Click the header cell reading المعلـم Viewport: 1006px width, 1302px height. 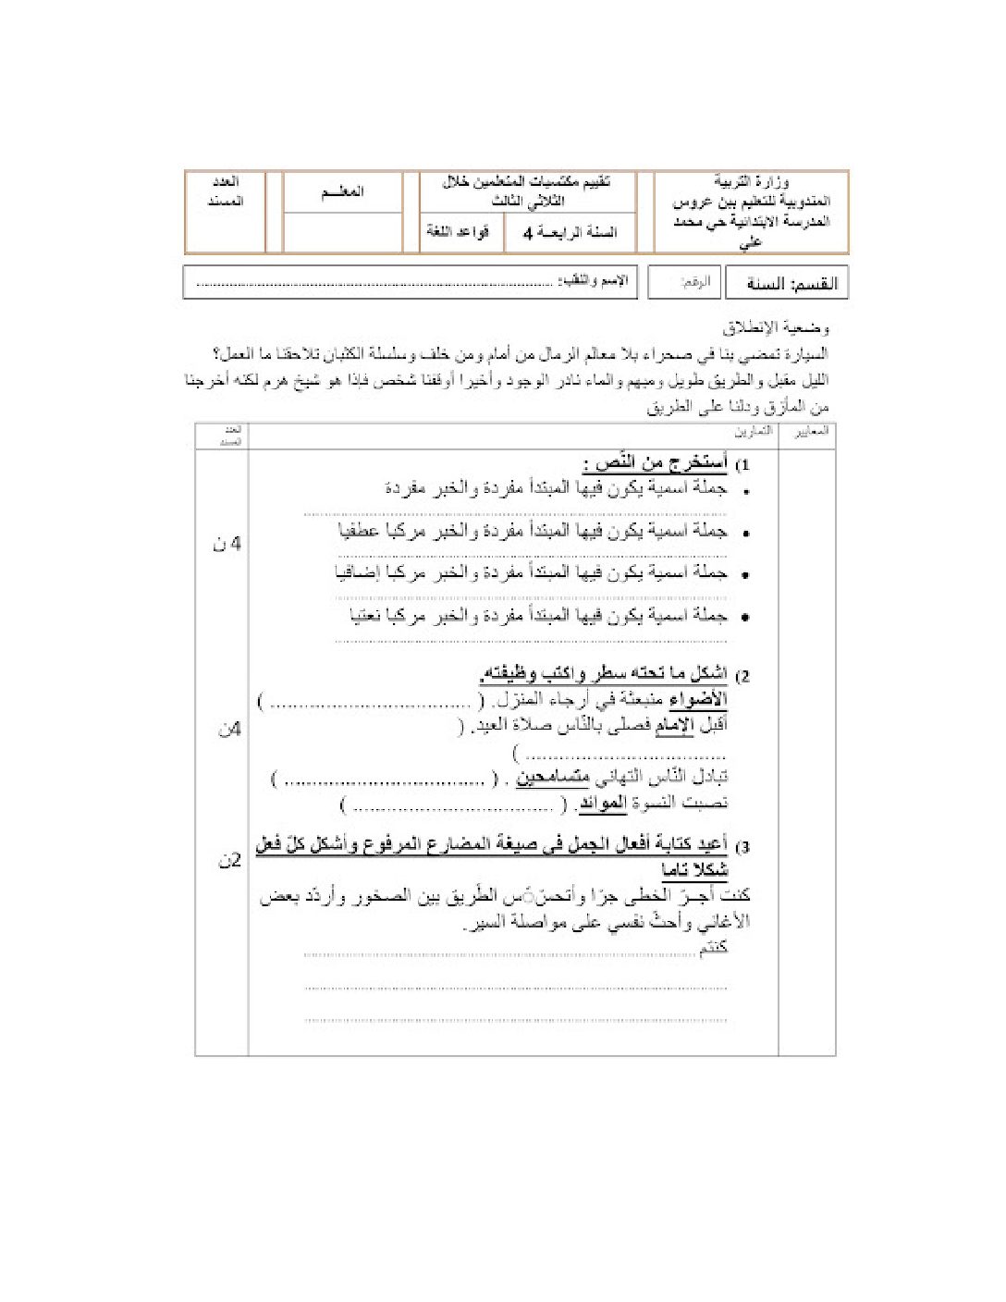tap(342, 192)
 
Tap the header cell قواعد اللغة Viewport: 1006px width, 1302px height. tap(457, 232)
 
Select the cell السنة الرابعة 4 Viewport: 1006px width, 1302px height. tap(570, 233)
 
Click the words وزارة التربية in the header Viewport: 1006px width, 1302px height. tap(751, 182)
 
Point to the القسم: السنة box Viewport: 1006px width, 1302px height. tap(787, 284)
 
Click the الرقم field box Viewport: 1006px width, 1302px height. tap(684, 283)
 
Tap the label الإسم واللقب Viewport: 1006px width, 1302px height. tap(592, 281)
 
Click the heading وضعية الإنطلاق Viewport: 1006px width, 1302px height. tap(776, 328)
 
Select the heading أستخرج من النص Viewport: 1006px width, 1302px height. tap(655, 462)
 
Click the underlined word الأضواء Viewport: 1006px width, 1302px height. tap(698, 700)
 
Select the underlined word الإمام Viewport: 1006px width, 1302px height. tap(674, 726)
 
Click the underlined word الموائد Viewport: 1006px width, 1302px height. tap(602, 804)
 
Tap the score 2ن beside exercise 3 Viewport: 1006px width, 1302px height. tap(229, 861)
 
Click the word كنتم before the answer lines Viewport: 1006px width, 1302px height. tap(713, 948)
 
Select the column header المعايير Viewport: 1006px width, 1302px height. tap(811, 432)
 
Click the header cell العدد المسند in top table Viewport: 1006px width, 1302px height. tap(226, 191)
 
